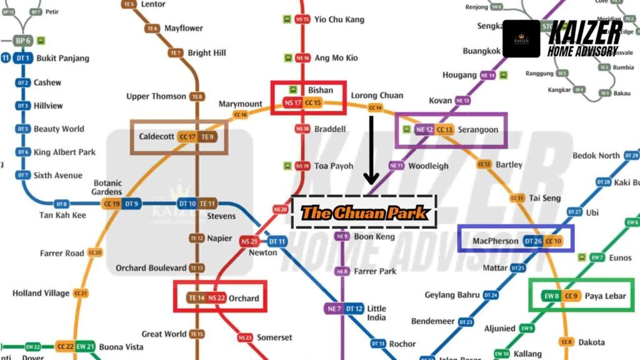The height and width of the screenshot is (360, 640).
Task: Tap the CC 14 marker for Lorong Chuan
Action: tap(376, 108)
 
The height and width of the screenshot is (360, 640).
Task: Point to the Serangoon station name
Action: tap(479, 129)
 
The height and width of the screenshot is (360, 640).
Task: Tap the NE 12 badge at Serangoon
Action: tap(424, 129)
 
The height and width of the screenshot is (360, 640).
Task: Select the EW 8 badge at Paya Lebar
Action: tap(551, 296)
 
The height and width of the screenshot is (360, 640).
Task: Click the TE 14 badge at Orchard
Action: tap(197, 298)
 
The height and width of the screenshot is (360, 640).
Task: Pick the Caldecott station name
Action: tap(156, 136)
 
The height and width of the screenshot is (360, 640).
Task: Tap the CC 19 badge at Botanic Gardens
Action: tap(112, 204)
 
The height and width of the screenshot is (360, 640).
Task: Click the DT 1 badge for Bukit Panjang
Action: tap(24, 58)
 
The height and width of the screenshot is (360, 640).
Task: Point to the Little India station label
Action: tap(376, 312)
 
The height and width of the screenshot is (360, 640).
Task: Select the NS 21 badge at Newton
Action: tap(249, 241)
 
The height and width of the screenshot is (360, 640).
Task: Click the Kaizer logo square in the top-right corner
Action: tap(521, 39)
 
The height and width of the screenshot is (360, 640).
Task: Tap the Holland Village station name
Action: tap(41, 293)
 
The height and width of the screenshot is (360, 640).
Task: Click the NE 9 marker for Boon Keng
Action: tap(342, 237)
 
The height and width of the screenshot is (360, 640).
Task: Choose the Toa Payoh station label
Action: tap(333, 166)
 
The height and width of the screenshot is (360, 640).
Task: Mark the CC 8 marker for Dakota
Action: tap(567, 342)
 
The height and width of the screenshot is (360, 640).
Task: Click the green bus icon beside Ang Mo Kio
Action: tap(288, 58)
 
